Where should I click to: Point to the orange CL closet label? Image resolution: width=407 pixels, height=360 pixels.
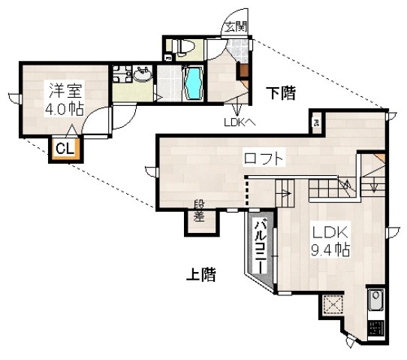point(64,149)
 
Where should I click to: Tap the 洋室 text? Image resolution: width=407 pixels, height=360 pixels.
point(65,90)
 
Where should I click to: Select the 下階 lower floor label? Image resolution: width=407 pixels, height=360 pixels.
point(282,93)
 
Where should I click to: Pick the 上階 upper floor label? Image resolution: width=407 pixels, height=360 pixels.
point(200,274)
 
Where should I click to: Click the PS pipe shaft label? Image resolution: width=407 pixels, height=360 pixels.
point(316,123)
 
